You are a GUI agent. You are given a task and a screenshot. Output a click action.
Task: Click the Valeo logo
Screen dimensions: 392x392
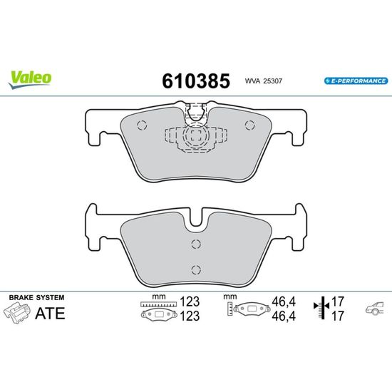[x=29, y=80]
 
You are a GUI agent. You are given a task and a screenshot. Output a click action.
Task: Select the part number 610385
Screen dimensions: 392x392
[x=196, y=81]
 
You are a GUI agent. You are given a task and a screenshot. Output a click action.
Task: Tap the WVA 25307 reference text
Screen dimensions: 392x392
[x=264, y=81]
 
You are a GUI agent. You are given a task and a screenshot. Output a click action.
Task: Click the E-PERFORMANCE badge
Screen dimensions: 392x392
[x=356, y=81]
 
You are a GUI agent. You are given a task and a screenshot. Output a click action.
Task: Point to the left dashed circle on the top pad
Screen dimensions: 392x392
[x=142, y=125]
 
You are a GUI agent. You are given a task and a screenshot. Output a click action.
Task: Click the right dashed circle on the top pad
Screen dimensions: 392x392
[x=249, y=125]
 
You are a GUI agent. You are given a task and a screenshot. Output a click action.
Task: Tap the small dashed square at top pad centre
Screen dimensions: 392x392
[x=196, y=135]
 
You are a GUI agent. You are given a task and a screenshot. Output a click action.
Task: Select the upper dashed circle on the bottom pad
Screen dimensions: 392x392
[x=196, y=244]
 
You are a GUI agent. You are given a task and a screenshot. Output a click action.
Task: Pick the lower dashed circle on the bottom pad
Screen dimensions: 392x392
[x=196, y=269]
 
